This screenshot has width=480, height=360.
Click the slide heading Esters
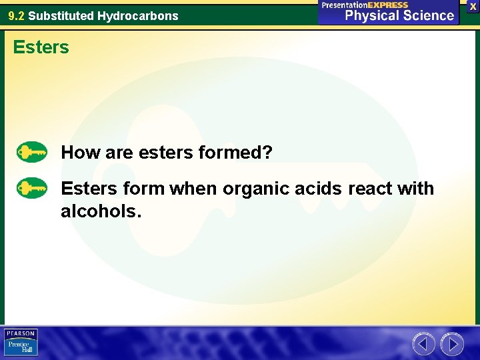click(41, 47)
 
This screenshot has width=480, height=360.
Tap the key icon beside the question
click(32, 153)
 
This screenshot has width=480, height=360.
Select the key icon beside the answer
click(32, 189)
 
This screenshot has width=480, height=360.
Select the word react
click(370, 189)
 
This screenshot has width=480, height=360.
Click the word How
click(80, 153)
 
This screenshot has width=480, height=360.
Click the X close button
click(473, 6)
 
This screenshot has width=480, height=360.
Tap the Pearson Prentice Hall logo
click(21, 343)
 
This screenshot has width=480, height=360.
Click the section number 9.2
click(17, 15)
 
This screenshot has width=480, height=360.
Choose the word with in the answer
click(416, 189)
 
